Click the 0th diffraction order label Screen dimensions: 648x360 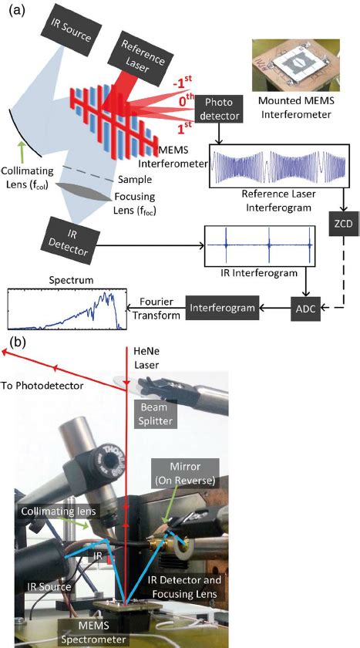(x=183, y=102)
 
